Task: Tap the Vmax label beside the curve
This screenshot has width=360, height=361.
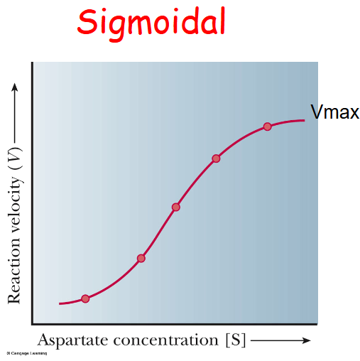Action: coord(334,112)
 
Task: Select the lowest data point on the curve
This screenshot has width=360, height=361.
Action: coord(85,298)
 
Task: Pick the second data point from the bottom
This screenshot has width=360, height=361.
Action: coord(141,258)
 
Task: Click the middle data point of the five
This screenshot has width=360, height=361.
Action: coord(176,207)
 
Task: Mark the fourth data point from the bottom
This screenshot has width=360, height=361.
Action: coord(216,158)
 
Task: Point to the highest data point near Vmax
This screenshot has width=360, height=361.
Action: coord(268,126)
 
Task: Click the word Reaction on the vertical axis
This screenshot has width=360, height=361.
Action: coord(14,271)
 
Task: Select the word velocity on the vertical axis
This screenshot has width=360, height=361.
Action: coord(14,202)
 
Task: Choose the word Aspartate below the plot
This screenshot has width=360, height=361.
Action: coord(71,340)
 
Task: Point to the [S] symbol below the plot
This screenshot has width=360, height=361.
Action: coord(235,340)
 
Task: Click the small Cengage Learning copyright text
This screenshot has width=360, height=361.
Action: coord(21,353)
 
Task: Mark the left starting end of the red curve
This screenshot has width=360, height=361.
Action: coord(60,303)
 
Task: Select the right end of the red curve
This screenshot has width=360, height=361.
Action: coord(305,120)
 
